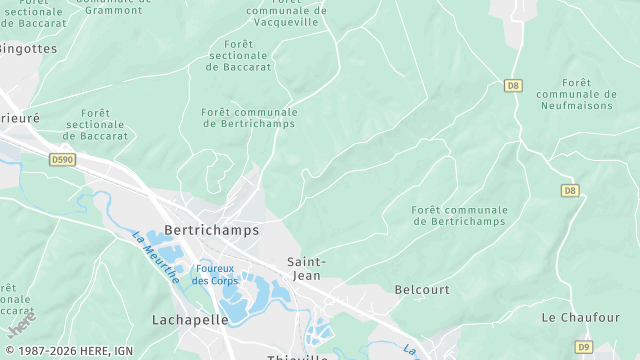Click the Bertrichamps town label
pyautogui.click(x=210, y=230)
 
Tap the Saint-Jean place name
pyautogui.click(x=306, y=268)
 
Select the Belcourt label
pyautogui.click(x=421, y=288)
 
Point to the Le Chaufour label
pyautogui.click(x=580, y=317)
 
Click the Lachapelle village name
pyautogui.click(x=190, y=320)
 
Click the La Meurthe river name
pyautogui.click(x=155, y=258)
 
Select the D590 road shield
pyautogui.click(x=62, y=159)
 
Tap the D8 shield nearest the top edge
pyautogui.click(x=513, y=86)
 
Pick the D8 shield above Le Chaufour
pyautogui.click(x=570, y=190)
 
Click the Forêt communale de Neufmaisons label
pyautogui.click(x=576, y=94)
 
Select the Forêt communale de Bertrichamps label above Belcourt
pyautogui.click(x=459, y=216)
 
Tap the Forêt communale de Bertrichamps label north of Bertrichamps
pyautogui.click(x=248, y=118)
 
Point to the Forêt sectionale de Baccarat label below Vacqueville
pyautogui.click(x=238, y=55)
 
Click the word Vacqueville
pyautogui.click(x=287, y=21)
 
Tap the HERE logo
pyautogui.click(x=20, y=325)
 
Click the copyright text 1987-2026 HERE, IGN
pyautogui.click(x=67, y=351)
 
